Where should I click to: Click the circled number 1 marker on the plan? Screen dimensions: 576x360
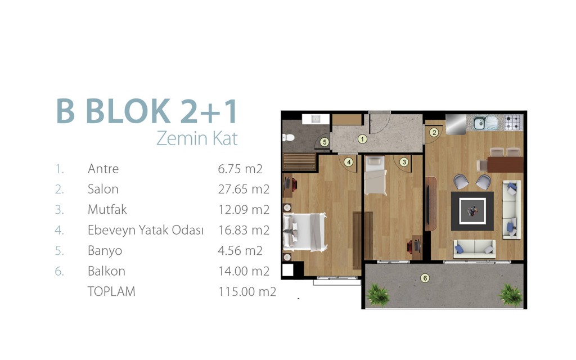pos(362,139)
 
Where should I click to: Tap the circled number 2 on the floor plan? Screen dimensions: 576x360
pos(434,133)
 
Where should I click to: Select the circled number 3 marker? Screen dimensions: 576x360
pos(404,162)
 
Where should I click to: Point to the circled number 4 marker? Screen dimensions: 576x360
pos(348,162)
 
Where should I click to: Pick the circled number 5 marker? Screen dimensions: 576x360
pos(325,142)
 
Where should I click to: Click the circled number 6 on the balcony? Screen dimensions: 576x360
pos(425,278)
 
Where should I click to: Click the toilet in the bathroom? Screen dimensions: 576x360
pos(289,138)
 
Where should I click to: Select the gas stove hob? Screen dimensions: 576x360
pos(513,123)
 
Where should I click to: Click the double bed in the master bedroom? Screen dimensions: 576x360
pos(305,232)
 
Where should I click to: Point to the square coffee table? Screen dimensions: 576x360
pos(472,211)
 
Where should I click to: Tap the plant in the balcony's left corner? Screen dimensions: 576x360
pos(378,295)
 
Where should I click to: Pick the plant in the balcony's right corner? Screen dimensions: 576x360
pos(510,294)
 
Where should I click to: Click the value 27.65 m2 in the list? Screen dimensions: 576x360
pos(244,189)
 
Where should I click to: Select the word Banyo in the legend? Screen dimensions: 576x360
pos(105,251)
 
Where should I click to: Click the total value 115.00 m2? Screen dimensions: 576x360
pos(247,292)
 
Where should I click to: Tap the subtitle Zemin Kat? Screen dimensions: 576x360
pos(197,138)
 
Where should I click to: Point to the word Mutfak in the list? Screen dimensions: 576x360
pos(107,209)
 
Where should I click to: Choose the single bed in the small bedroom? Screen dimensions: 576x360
pos(375,175)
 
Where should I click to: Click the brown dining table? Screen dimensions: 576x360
pos(505,165)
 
